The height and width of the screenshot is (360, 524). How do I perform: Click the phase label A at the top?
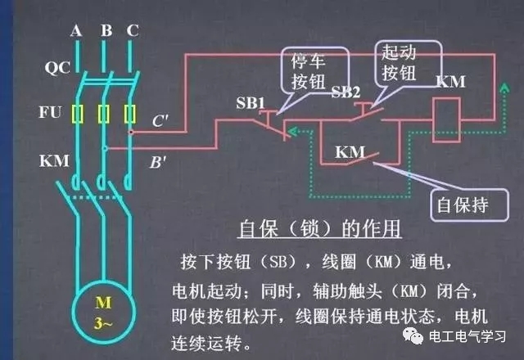76,32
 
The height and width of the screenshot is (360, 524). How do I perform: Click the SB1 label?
251,102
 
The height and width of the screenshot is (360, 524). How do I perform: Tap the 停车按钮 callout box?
309,72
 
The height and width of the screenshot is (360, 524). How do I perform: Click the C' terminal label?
161,122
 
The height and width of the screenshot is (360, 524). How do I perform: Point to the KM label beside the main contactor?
52,160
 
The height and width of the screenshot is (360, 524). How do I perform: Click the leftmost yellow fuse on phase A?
77,113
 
